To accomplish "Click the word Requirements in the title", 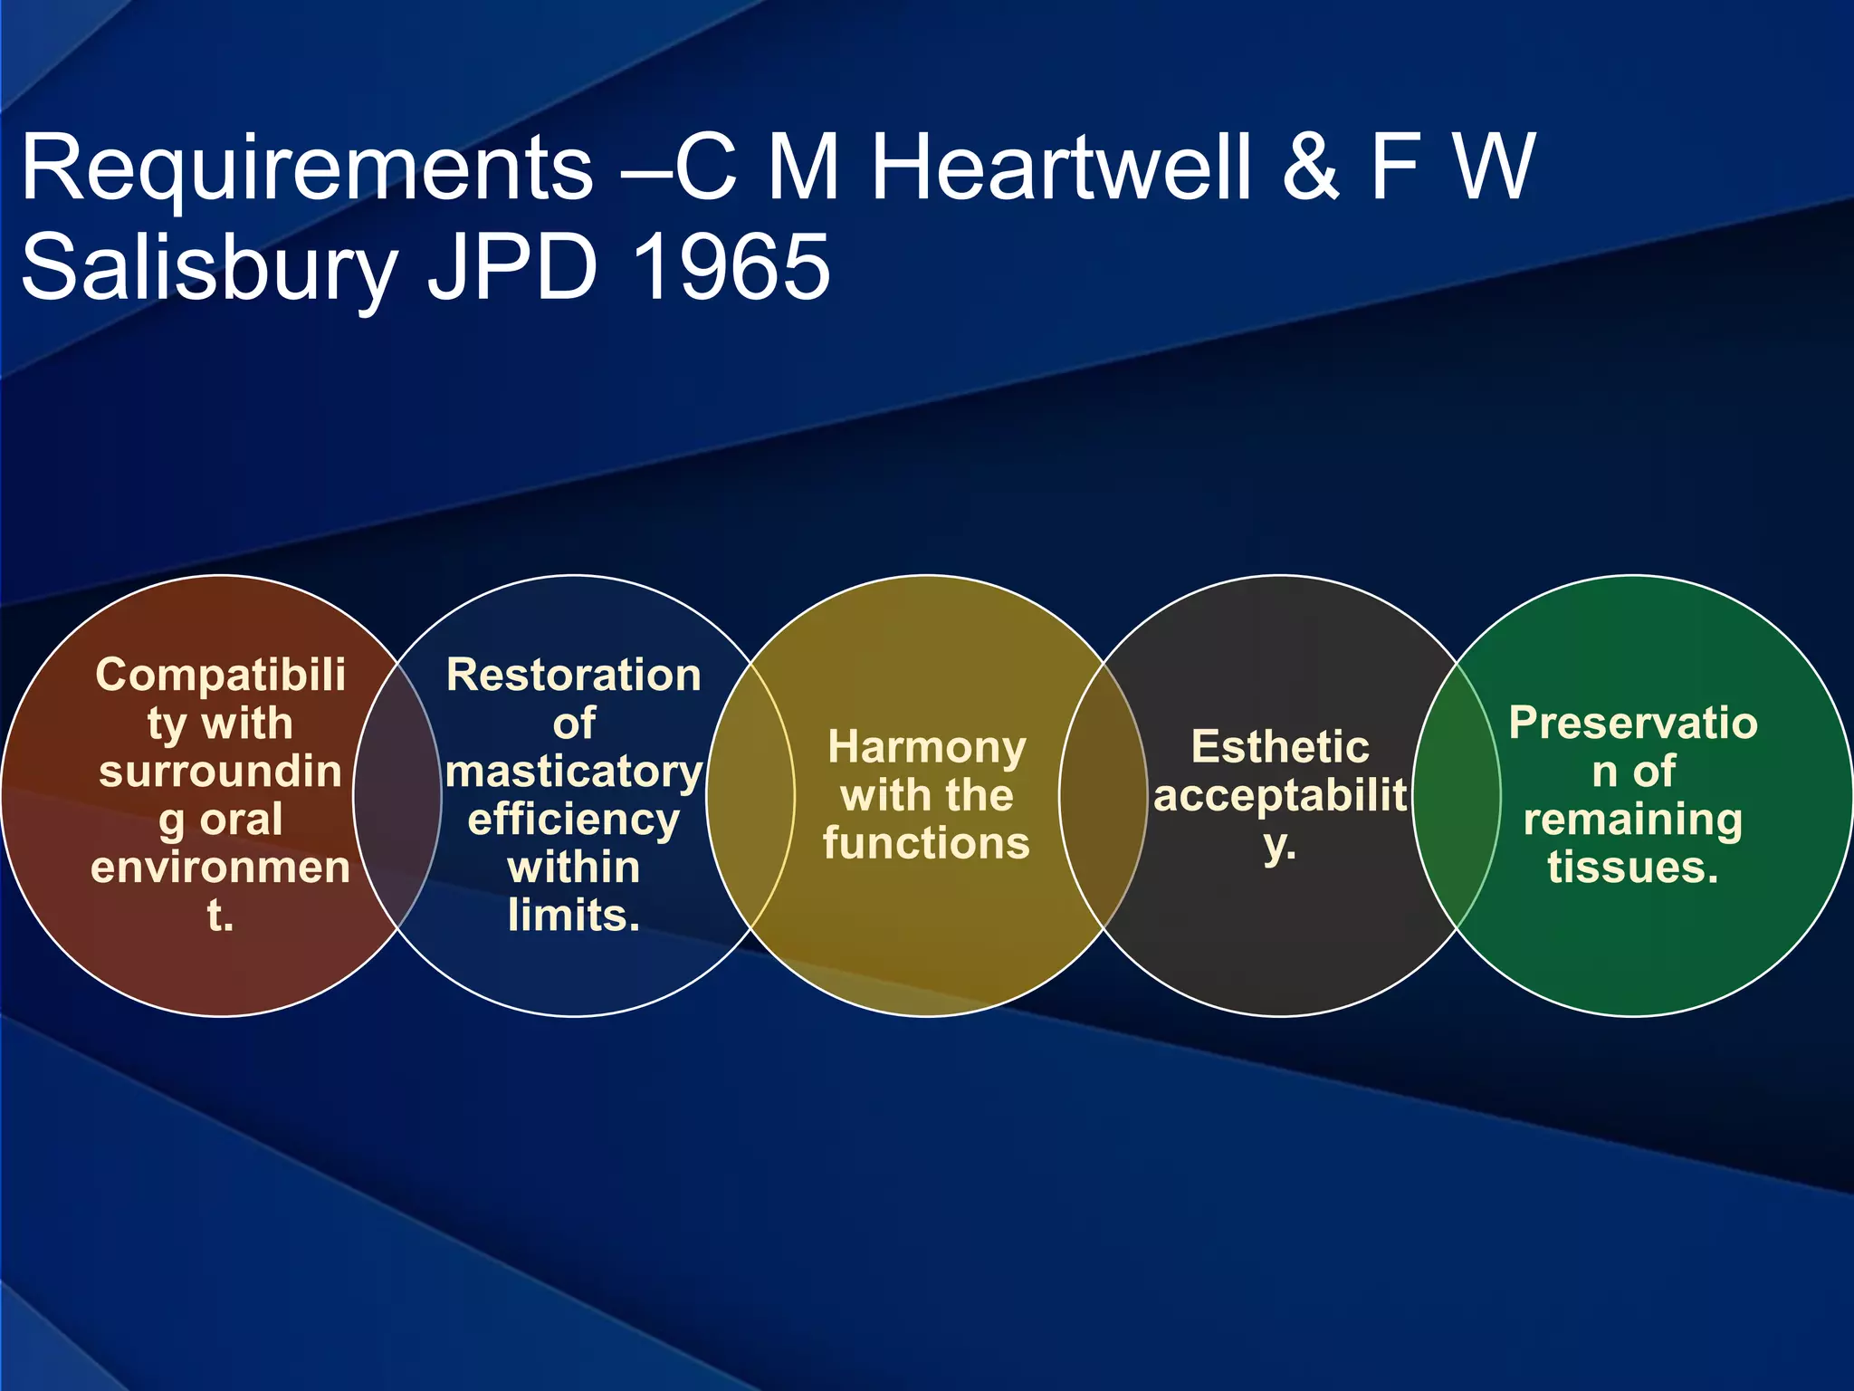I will pyautogui.click(x=307, y=169).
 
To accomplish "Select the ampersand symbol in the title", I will pyautogui.click(x=1310, y=168).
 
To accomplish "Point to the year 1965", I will pyautogui.click(x=731, y=267).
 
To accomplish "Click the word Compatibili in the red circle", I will pyautogui.click(x=220, y=675).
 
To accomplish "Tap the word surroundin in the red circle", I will pyautogui.click(x=220, y=772).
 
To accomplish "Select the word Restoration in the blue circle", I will pyautogui.click(x=574, y=675).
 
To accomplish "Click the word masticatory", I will pyautogui.click(x=574, y=772).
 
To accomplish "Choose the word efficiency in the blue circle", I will pyautogui.click(x=574, y=820).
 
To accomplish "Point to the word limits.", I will pyautogui.click(x=574, y=916).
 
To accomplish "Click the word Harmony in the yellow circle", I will pyautogui.click(x=927, y=748).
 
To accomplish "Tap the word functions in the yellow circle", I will pyautogui.click(x=927, y=843).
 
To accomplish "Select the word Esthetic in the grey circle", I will pyautogui.click(x=1280, y=747).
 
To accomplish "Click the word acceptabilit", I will pyautogui.click(x=1280, y=795).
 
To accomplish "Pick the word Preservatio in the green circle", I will pyautogui.click(x=1633, y=723).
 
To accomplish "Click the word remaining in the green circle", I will pyautogui.click(x=1633, y=820).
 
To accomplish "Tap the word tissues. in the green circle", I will pyautogui.click(x=1633, y=867).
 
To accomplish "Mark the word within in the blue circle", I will pyautogui.click(x=574, y=868).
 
